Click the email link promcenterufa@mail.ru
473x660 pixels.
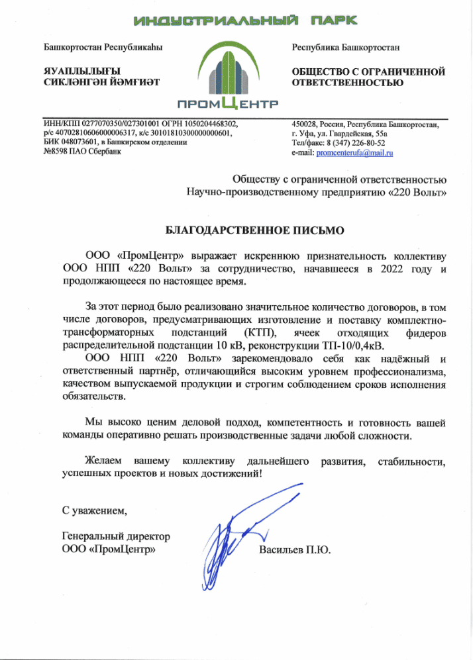click(x=355, y=153)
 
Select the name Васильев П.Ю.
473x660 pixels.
click(x=294, y=550)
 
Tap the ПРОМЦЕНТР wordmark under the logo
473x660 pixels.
click(x=228, y=104)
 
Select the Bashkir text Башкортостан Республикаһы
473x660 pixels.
click(x=102, y=48)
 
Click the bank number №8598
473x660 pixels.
click(x=56, y=152)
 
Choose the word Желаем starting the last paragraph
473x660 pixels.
click(x=103, y=460)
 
